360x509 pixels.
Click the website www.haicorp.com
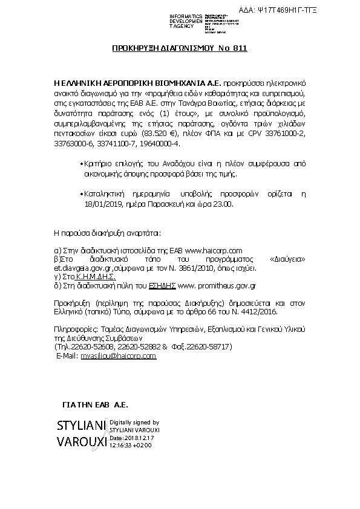213,250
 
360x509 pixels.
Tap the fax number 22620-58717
208,348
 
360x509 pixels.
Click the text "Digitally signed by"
134,423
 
